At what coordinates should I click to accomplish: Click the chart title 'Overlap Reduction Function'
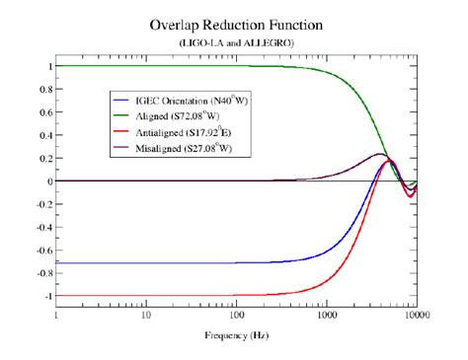click(235, 22)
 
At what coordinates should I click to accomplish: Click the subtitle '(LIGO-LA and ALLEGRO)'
click(235, 43)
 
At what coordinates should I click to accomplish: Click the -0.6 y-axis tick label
click(40, 250)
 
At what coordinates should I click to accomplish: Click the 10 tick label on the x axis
click(146, 315)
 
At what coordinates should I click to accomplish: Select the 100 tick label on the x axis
click(236, 315)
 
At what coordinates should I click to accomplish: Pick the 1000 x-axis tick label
click(326, 315)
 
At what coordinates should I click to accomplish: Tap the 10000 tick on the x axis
click(415, 315)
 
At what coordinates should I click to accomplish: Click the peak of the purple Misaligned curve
click(379, 154)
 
